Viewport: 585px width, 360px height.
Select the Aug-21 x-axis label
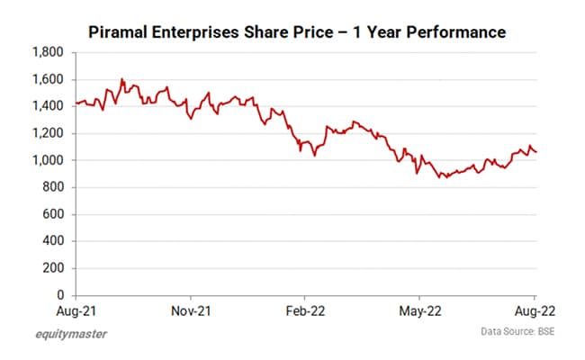[76, 310]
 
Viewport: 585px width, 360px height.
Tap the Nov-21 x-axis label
[191, 310]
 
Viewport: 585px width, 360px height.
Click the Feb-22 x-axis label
[304, 310]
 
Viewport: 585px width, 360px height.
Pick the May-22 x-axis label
[418, 310]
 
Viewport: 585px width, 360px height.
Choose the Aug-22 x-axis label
[534, 310]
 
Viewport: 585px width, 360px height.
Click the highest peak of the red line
[122, 79]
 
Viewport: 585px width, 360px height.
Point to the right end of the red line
[537, 152]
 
